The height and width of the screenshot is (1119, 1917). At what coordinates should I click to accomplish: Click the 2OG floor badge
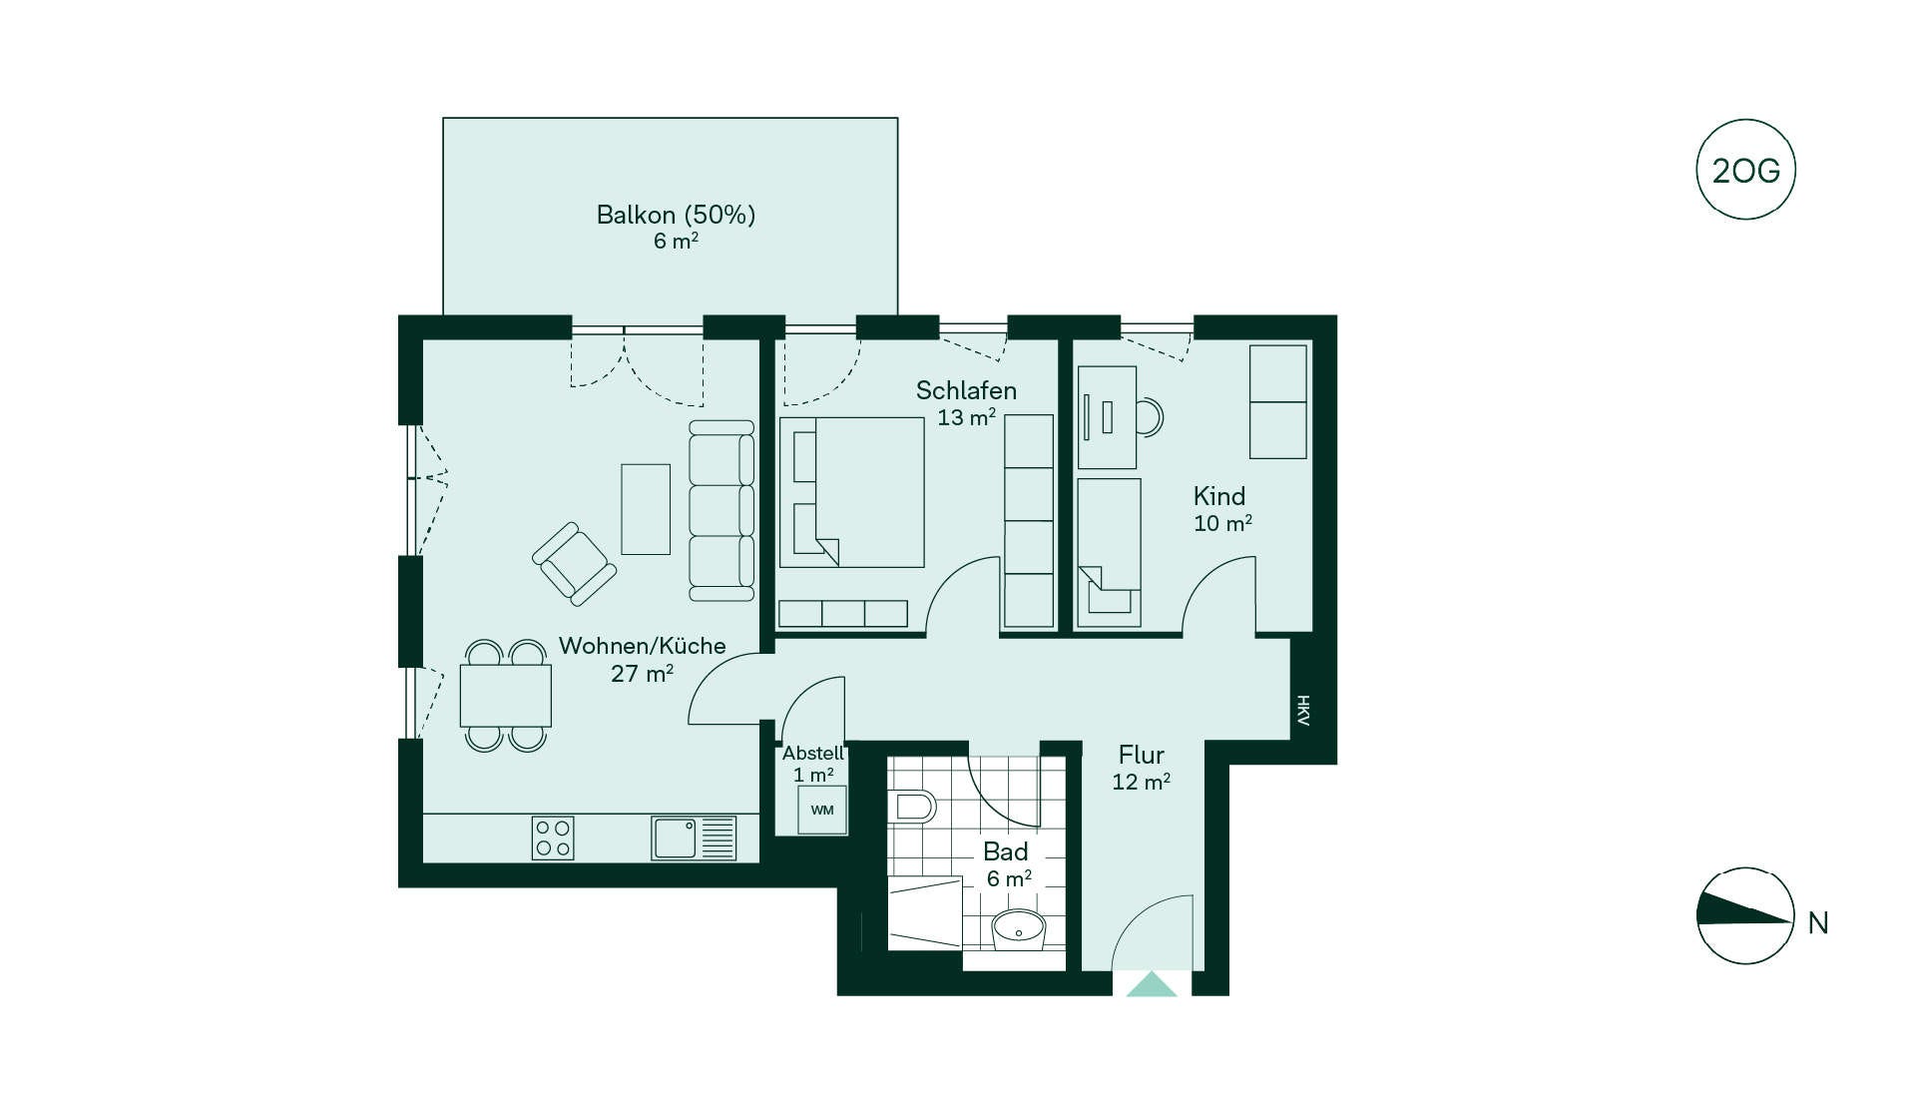(1745, 170)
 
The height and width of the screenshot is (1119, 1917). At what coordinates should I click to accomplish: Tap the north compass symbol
(1745, 915)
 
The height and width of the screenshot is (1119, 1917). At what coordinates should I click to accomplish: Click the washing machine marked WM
(822, 810)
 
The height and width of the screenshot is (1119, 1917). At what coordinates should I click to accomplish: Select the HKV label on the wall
(1303, 710)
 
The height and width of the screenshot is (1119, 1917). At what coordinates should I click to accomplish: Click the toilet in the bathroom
(912, 807)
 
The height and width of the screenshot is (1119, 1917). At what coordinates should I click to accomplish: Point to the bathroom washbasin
(1018, 929)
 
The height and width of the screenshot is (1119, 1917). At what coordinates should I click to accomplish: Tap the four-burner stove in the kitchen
(553, 839)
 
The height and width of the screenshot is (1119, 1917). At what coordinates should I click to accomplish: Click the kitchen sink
(694, 839)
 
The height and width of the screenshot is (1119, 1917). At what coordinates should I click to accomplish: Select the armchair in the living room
(574, 564)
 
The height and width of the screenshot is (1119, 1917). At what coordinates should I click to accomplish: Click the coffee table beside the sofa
(646, 508)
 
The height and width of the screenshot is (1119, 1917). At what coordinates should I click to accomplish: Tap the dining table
(505, 696)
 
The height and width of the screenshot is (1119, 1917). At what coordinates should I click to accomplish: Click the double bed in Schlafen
(851, 492)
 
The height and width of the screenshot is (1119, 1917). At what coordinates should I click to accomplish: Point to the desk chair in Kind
(1151, 417)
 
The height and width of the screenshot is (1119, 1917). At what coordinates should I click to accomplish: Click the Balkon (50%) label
(676, 215)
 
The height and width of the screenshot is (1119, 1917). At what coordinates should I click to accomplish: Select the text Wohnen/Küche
(642, 646)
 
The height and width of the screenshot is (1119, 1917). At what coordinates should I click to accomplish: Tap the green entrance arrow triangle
(1152, 984)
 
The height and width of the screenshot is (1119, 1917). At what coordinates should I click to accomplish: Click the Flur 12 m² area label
(1142, 768)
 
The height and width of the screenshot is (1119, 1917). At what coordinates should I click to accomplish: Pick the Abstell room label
(813, 754)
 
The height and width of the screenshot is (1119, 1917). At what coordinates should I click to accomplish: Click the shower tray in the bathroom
(925, 913)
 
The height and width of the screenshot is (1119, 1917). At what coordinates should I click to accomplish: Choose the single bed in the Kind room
(1109, 553)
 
